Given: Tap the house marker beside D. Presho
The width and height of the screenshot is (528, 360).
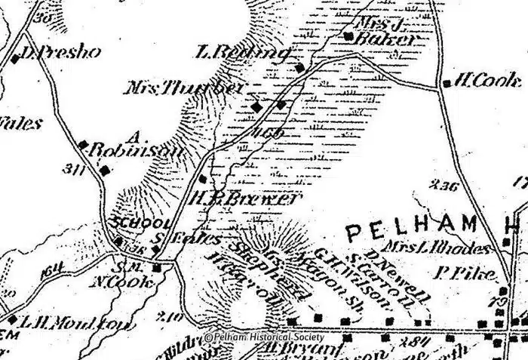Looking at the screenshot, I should [x=16, y=58].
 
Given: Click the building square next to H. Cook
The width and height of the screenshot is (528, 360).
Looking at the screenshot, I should [x=447, y=84].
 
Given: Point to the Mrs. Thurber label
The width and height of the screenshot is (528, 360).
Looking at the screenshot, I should [x=185, y=88].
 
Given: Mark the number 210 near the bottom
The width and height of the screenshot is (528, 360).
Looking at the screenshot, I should [x=170, y=316].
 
